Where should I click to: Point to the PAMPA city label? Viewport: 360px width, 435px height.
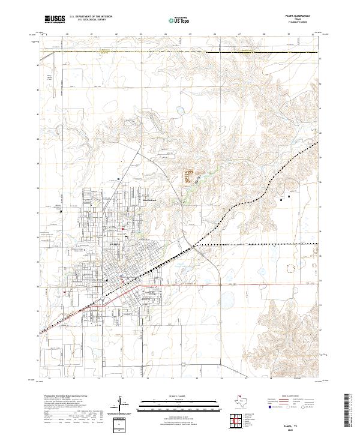coord(115,245)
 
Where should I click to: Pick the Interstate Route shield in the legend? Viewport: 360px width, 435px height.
coord(268,406)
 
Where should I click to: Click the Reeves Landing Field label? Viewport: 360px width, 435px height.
coord(50,77)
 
